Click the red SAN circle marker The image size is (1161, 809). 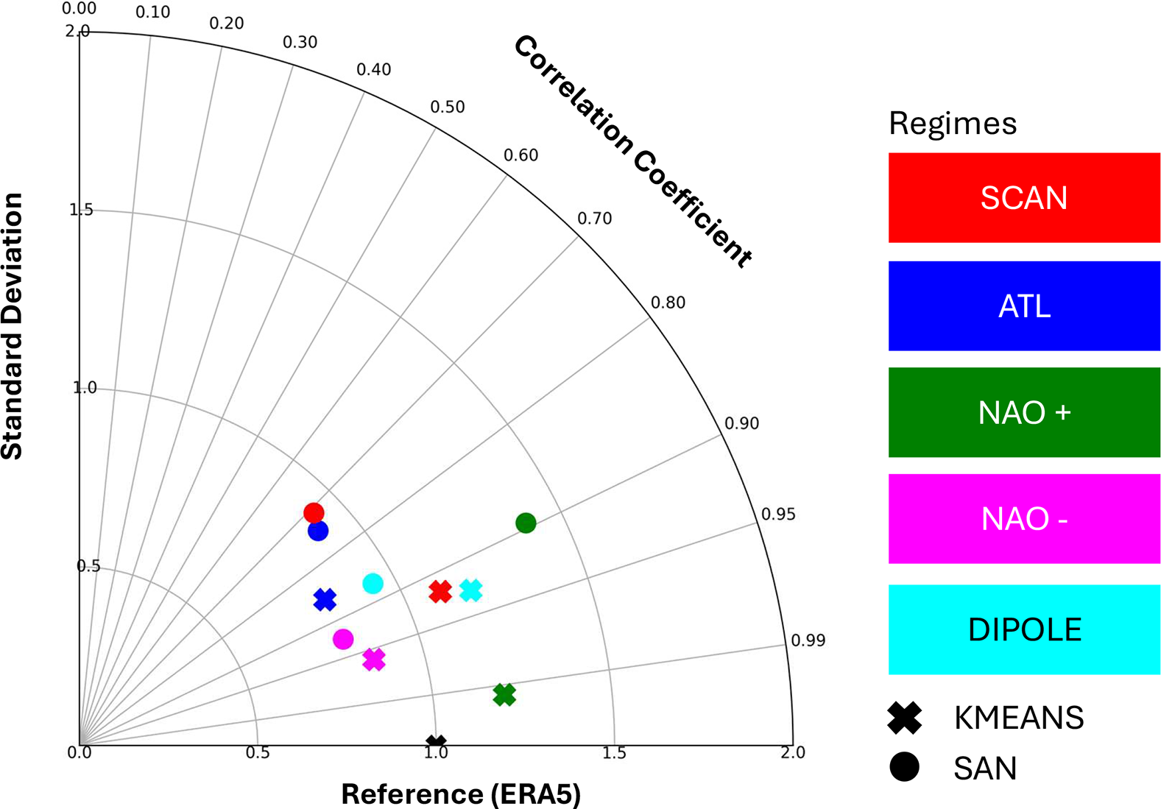[x=314, y=513]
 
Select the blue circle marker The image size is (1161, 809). [x=318, y=531]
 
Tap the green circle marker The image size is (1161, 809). [x=526, y=523]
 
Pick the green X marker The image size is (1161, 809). [x=504, y=694]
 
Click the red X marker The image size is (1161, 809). [x=440, y=591]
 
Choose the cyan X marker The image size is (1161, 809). [x=471, y=590]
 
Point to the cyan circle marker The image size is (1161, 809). [x=373, y=584]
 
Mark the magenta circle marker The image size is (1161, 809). [x=343, y=639]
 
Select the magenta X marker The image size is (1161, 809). [x=374, y=660]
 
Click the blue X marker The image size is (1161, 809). [x=325, y=600]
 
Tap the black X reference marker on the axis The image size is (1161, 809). [x=437, y=743]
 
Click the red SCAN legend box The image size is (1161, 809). [x=1024, y=197]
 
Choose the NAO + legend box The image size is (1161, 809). [x=1024, y=412]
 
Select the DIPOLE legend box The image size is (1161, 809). [x=1024, y=629]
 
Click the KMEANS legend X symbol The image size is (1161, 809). [x=905, y=718]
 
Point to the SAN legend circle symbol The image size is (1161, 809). [x=905, y=767]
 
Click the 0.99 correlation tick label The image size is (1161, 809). [x=808, y=640]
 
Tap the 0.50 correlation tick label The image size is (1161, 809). [x=448, y=107]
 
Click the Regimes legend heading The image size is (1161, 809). [x=953, y=123]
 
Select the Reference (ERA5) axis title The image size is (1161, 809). [x=461, y=794]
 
